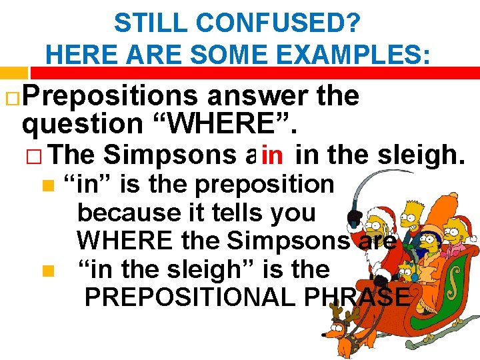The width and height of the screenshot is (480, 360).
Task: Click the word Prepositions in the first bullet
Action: [x=110, y=97]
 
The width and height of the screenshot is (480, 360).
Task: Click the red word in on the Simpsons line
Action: [x=273, y=156]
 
